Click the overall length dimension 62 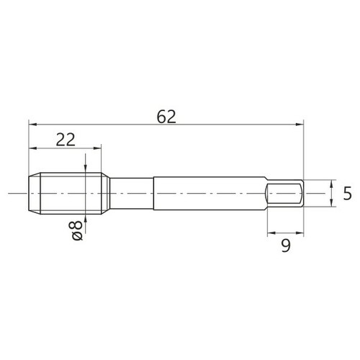(166, 117)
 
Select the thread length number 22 (66, 140)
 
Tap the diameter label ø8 (77, 230)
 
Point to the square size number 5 (347, 194)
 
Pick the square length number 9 (286, 246)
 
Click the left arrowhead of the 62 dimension (32, 125)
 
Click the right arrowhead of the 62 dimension (300, 125)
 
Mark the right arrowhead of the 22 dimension (97, 148)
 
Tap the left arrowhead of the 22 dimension (32, 148)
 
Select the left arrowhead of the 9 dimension (271, 233)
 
